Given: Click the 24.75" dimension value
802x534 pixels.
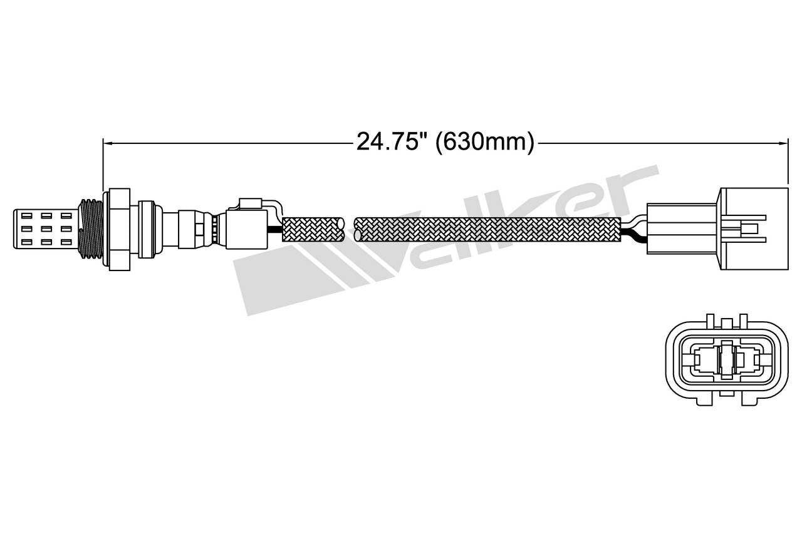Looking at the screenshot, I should pyautogui.click(x=387, y=142).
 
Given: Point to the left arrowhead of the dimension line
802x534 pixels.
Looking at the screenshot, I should pyautogui.click(x=107, y=143).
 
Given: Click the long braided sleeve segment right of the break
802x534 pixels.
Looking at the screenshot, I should pyautogui.click(x=489, y=229).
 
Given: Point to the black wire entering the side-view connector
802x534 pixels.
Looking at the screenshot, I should pyautogui.click(x=633, y=237).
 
